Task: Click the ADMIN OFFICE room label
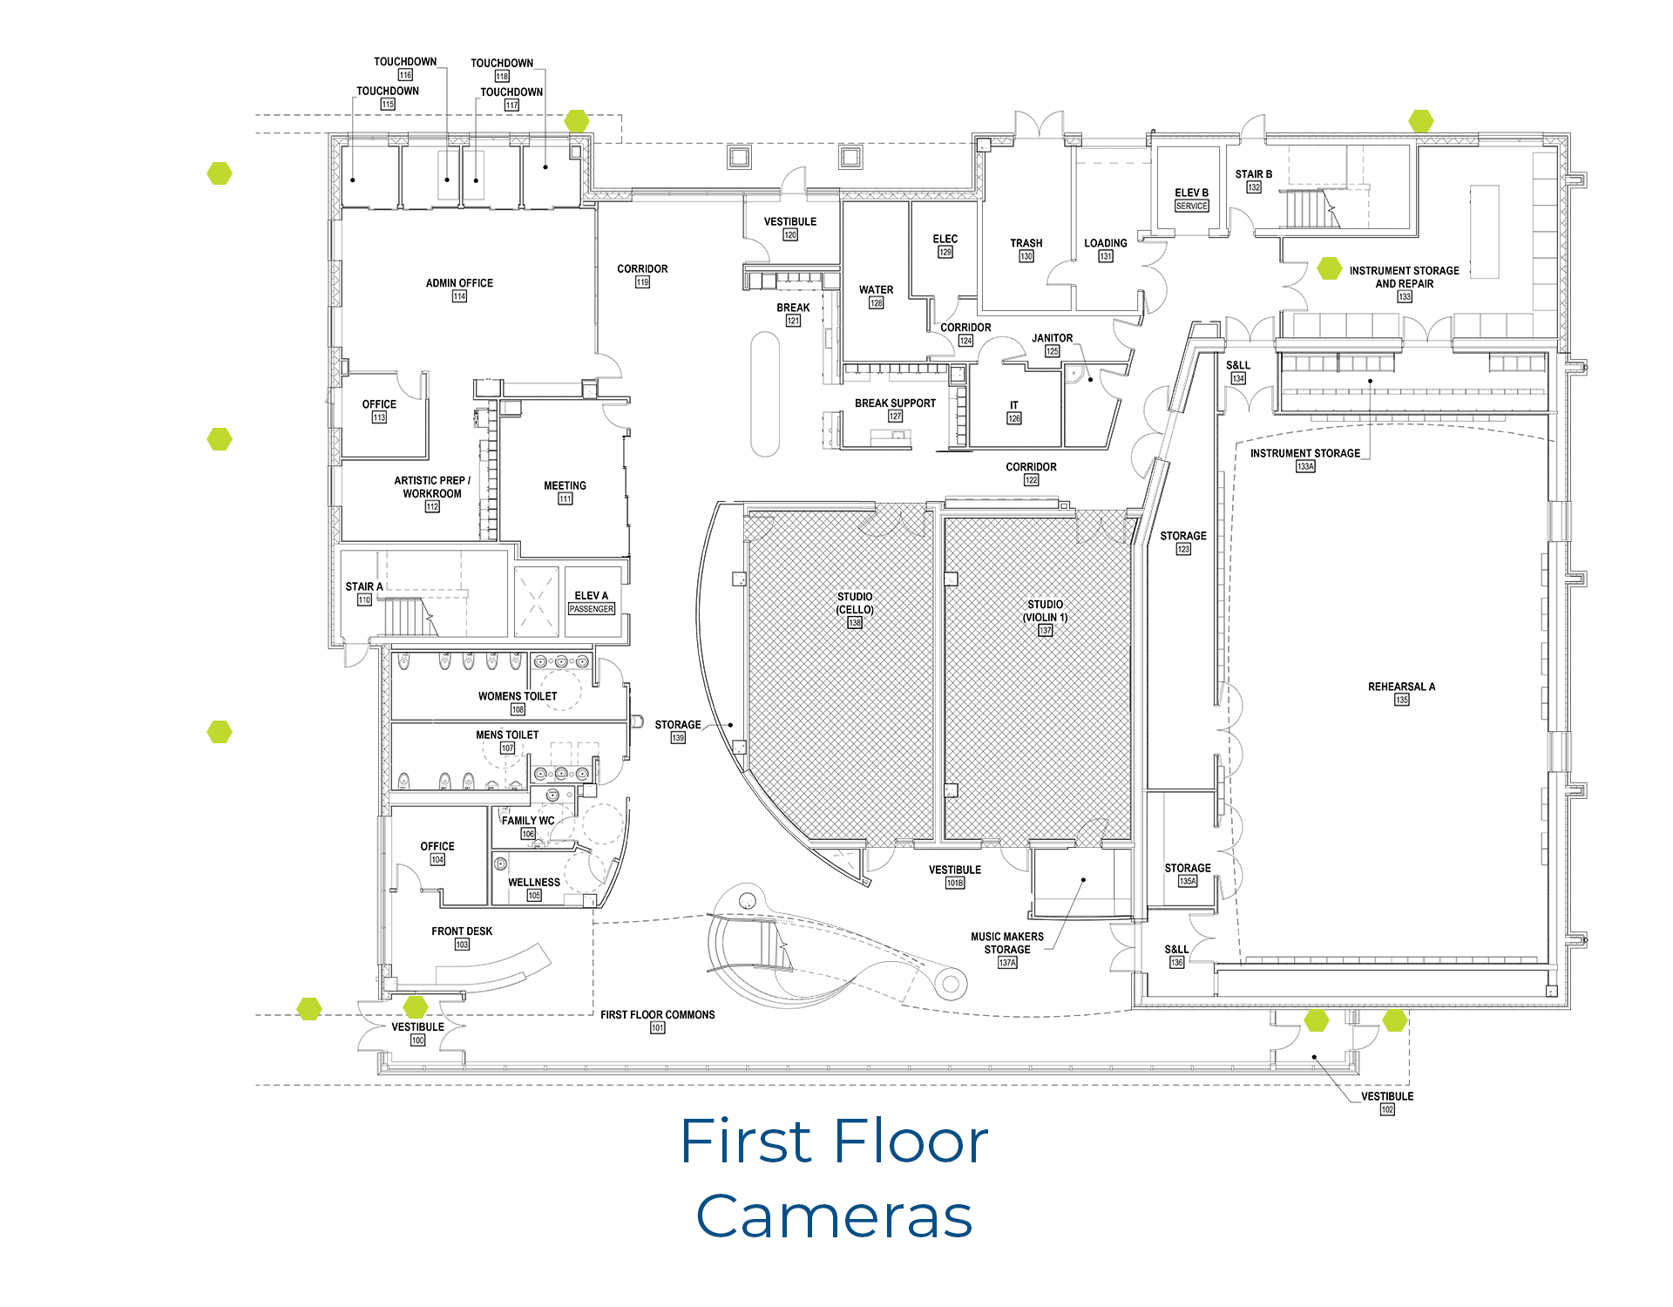[x=459, y=283]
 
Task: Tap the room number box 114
[x=459, y=296]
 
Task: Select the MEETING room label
[x=565, y=485]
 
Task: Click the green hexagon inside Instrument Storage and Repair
[x=1329, y=268]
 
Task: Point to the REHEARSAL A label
[x=1401, y=687]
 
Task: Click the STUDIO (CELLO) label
[x=855, y=603]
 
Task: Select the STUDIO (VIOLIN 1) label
[x=1045, y=611]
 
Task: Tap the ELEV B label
[x=1191, y=193]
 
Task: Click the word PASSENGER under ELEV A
[x=592, y=609]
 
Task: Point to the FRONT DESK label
[x=462, y=931]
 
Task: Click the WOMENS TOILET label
[x=518, y=696]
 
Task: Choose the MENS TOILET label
[x=507, y=735]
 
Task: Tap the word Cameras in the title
[x=834, y=1216]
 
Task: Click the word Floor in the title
[x=910, y=1141]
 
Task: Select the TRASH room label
[x=1026, y=243]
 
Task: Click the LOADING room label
[x=1105, y=243]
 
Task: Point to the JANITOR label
[x=1052, y=338]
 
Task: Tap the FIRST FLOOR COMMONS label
[x=657, y=1015]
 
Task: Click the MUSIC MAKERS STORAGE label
[x=1007, y=943]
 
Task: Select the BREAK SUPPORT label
[x=895, y=403]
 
